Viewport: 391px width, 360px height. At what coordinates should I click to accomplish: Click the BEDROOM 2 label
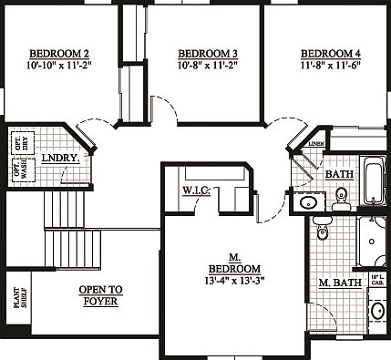point(58,52)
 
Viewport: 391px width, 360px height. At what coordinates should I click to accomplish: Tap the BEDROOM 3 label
point(207,52)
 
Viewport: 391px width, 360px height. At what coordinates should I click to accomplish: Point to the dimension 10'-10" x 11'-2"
point(58,65)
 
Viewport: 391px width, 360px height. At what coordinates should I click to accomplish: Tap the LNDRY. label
point(59,158)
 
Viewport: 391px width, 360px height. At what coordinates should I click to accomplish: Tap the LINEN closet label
point(316,144)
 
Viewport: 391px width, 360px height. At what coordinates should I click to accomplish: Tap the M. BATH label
point(336,283)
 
